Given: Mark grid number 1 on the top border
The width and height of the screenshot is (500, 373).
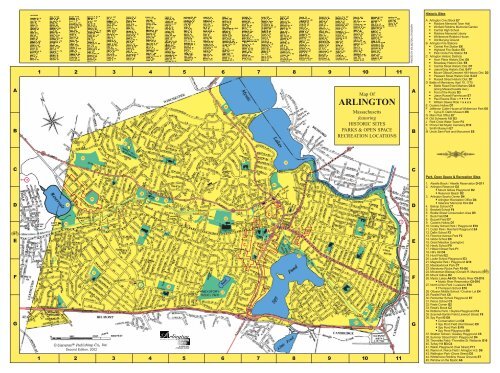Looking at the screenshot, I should click(38, 73).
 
